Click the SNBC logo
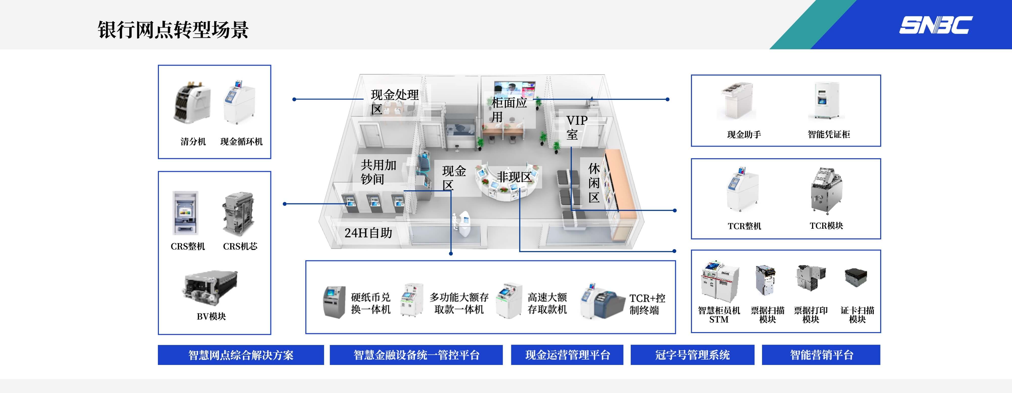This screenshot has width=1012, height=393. (936, 25)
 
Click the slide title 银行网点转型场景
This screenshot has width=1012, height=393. (173, 30)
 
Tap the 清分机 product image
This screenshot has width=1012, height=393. (192, 103)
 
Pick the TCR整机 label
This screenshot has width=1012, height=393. (744, 226)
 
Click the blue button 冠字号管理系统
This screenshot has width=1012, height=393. (692, 355)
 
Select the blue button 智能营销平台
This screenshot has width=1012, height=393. (821, 355)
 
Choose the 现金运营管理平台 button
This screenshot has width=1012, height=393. (567, 355)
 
